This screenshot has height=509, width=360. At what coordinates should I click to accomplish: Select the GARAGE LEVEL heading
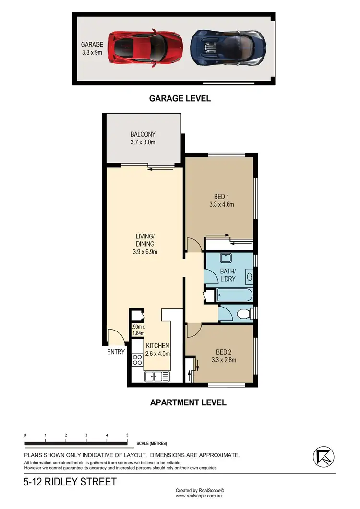[x=180, y=98]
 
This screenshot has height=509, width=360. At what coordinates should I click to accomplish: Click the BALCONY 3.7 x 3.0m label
[x=143, y=139]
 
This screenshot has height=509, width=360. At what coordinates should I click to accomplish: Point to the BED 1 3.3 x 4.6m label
[x=221, y=201]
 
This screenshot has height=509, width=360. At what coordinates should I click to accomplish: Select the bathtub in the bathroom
[x=235, y=295]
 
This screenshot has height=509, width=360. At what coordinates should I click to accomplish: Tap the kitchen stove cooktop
[x=138, y=359]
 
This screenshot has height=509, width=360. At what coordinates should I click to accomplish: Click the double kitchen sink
[x=157, y=377]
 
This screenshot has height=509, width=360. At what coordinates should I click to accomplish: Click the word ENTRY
[x=117, y=352]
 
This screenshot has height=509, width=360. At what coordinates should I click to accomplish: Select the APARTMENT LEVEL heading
[x=188, y=402]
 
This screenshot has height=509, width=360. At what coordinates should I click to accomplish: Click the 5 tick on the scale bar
[x=127, y=435]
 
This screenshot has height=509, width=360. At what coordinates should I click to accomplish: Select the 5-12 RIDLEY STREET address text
[x=70, y=482]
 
